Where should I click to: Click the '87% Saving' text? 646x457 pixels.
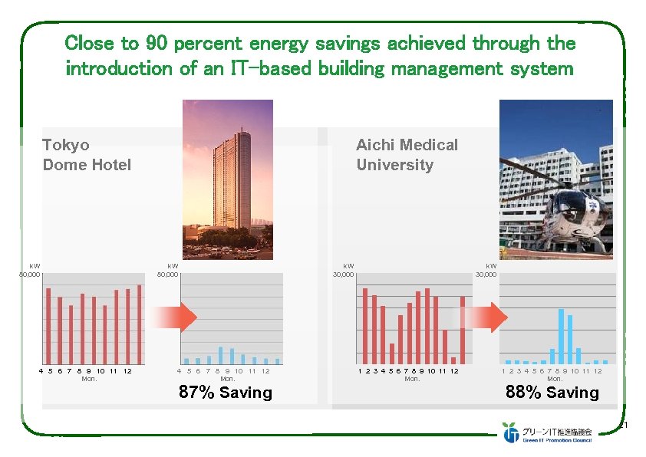click(225, 393)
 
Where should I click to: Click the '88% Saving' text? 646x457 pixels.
click(552, 393)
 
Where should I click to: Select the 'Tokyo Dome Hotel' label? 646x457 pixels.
click(87, 155)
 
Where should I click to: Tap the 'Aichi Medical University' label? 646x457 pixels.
click(407, 155)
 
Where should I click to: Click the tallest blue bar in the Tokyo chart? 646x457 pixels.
click(221, 355)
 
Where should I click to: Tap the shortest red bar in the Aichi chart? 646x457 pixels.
click(453, 360)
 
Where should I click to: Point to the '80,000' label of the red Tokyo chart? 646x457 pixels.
click(30, 274)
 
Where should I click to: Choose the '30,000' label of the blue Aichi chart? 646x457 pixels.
click(486, 274)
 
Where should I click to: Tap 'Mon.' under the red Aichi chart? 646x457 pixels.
click(412, 379)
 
